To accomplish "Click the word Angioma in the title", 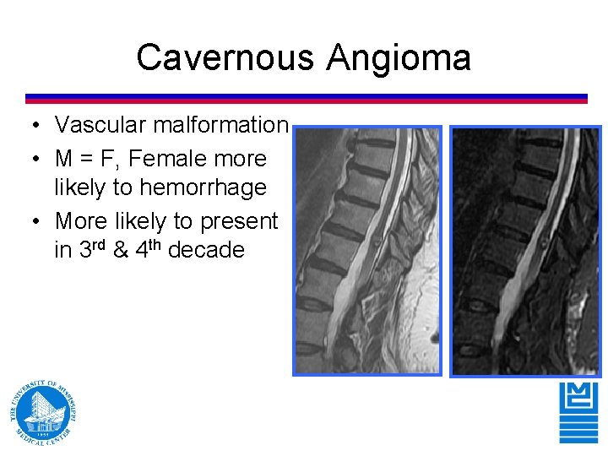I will tap(399, 58).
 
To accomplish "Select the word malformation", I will tap(220, 125).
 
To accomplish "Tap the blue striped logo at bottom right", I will tap(578, 411).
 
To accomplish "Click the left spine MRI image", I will tap(367, 251).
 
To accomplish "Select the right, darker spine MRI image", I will tap(525, 251).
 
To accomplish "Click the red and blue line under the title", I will tap(306, 99).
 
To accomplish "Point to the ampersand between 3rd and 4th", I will tap(121, 250).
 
